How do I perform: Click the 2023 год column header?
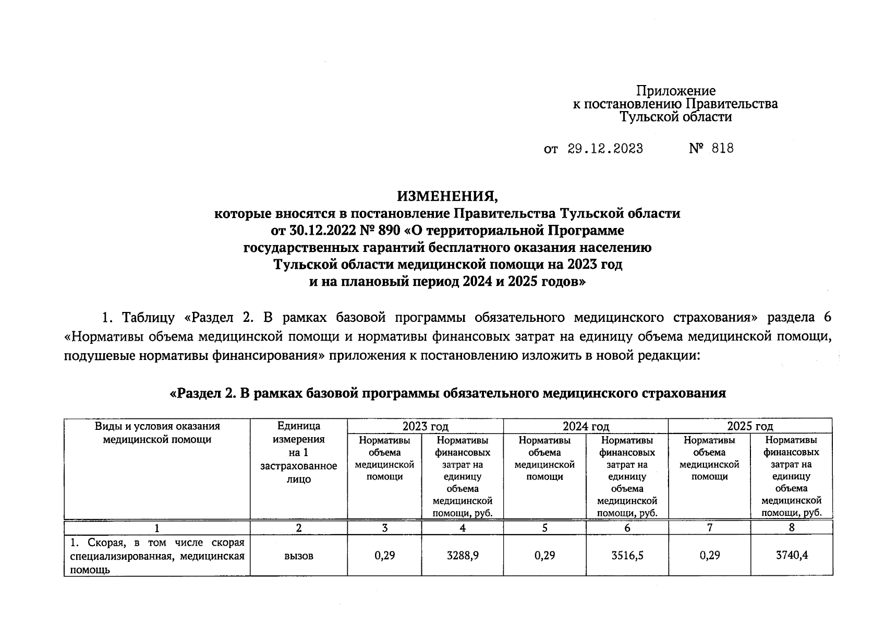425,426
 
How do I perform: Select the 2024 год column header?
586,426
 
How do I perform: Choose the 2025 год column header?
750,426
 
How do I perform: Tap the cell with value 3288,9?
463,556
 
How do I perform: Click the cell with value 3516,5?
627,556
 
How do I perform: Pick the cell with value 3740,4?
792,556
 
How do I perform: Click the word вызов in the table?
299,556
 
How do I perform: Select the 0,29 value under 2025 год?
710,556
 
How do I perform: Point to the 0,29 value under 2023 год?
385,556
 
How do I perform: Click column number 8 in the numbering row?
792,527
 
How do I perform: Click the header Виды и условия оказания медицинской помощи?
157,433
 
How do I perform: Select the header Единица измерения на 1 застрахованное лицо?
299,452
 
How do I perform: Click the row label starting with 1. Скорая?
157,556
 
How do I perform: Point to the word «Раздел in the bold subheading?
196,393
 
